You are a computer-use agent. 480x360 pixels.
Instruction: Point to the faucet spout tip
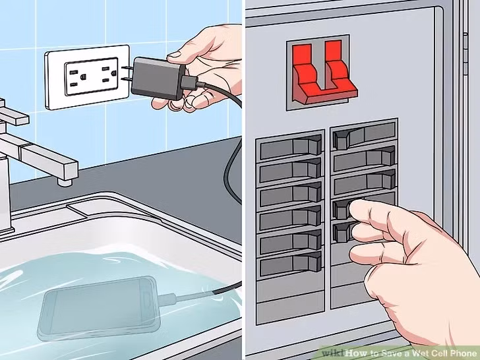[65, 179]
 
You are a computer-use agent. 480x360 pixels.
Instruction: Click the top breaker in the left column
[291, 147]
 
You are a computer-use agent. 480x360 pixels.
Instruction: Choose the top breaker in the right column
[363, 137]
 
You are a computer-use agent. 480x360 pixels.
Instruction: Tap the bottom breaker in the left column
[291, 265]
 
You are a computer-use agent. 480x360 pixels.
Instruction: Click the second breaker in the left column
[291, 171]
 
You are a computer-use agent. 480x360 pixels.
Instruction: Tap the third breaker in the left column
[291, 195]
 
